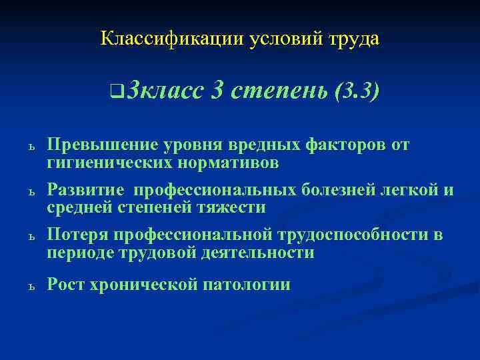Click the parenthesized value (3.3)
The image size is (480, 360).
coord(358,89)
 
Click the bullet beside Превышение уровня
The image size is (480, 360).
coord(31,147)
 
